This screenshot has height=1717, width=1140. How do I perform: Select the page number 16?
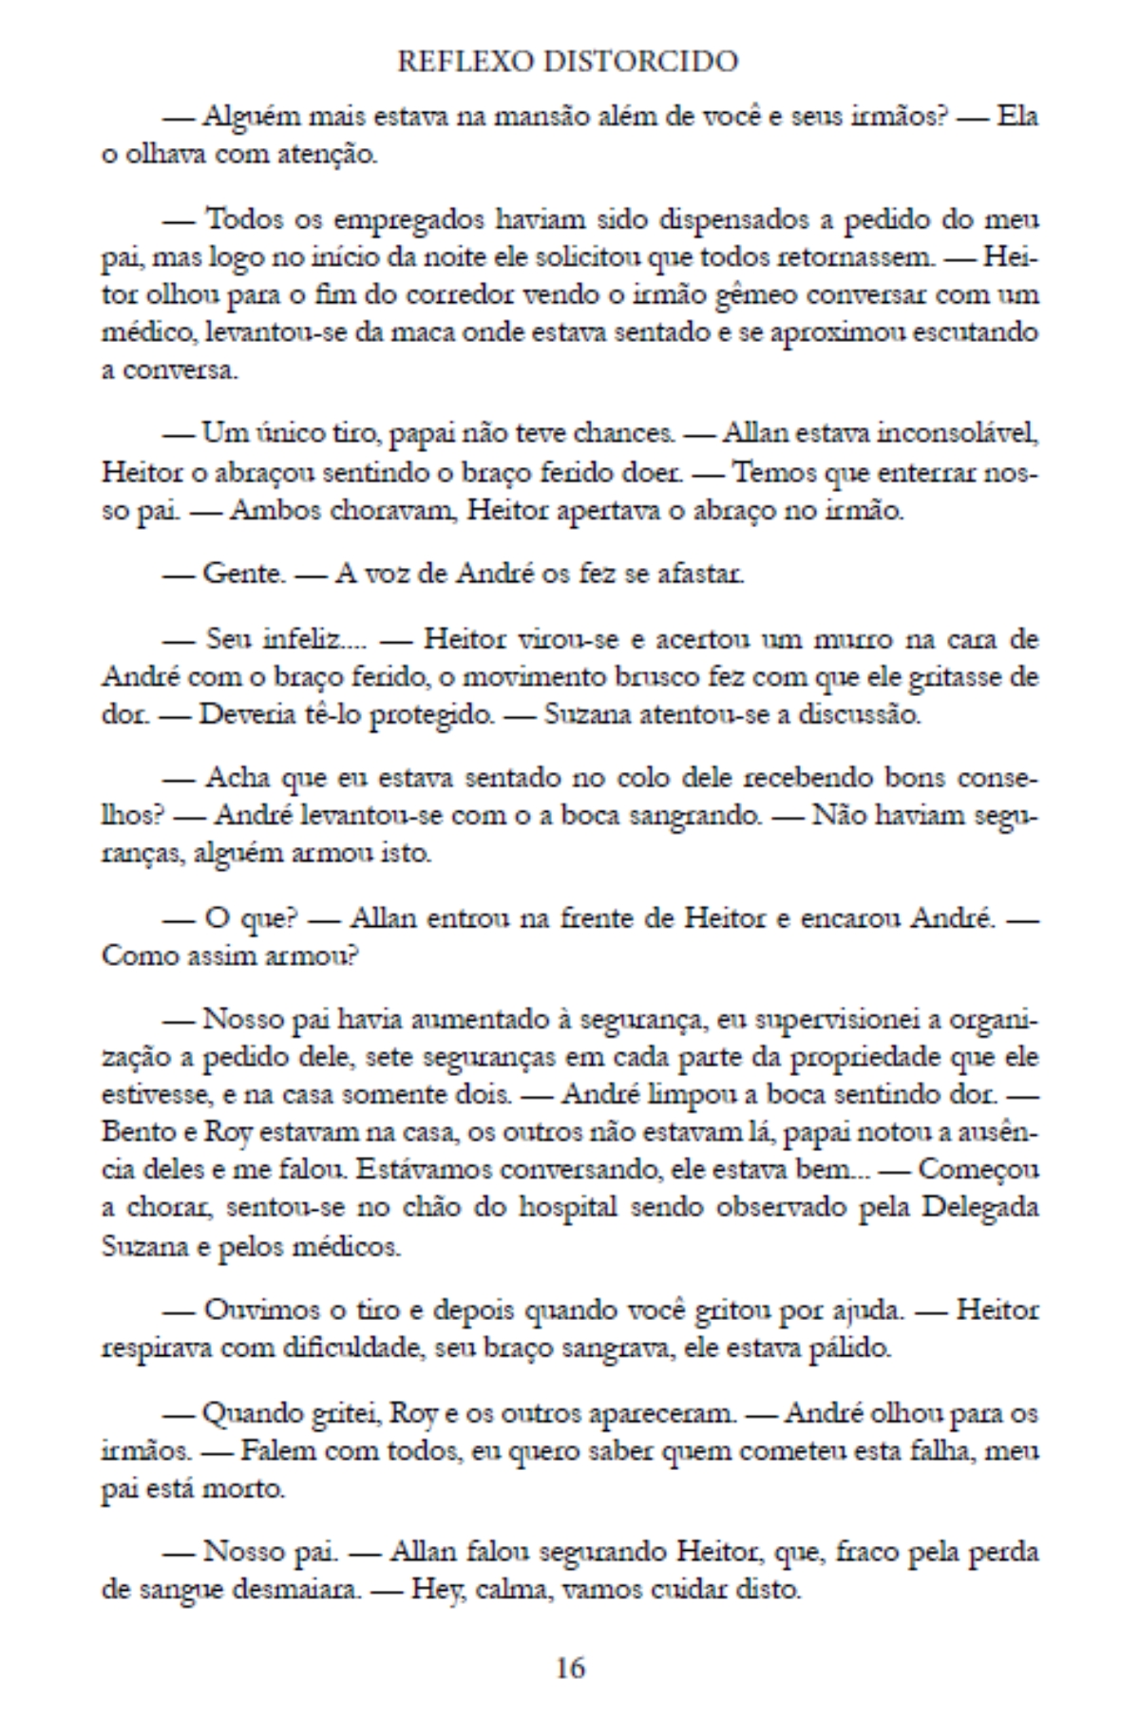pos(570,1667)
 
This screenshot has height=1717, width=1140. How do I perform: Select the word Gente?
pos(243,574)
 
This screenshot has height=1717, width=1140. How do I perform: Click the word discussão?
pos(858,714)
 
